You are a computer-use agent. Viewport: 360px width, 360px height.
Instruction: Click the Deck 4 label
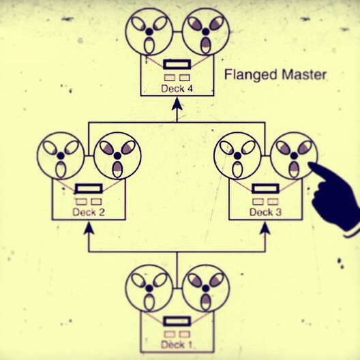177,89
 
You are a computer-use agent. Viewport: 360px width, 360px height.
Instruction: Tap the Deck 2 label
89,212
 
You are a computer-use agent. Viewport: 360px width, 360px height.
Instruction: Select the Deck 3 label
265,212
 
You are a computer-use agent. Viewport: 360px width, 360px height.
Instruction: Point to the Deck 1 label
177,344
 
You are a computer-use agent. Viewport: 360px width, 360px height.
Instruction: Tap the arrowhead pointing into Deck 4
177,104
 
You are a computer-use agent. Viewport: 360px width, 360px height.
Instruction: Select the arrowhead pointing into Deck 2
89,228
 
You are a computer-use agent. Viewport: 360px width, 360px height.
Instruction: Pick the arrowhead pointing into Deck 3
265,228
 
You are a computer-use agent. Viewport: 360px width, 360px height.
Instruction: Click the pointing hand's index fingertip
310,164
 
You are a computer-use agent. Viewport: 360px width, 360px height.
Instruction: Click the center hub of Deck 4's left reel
149,31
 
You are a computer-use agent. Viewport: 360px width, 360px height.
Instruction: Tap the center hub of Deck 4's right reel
206,31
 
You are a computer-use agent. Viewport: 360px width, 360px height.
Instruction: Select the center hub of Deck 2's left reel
61,155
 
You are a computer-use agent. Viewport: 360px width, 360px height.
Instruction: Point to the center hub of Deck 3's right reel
294,155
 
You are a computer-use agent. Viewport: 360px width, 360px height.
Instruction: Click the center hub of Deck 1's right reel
206,288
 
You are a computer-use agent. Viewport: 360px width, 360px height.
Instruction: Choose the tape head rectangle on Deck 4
177,64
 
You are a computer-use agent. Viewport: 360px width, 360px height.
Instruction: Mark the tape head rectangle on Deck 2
89,188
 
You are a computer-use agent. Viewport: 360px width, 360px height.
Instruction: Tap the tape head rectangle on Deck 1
177,321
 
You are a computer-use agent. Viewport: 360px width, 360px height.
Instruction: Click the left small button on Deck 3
258,202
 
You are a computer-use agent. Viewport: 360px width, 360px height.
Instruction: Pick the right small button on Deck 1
185,334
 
